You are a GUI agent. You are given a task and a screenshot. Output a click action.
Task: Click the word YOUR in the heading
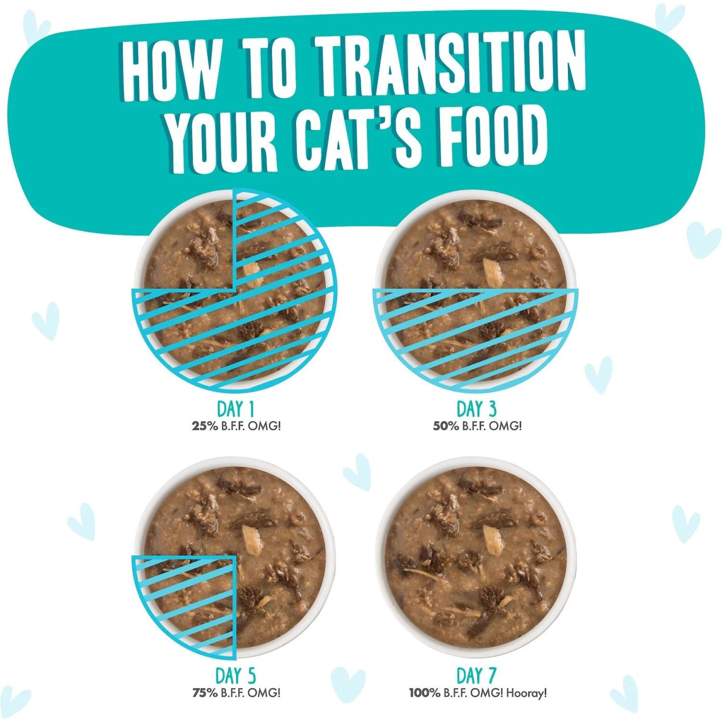pyautogui.click(x=223, y=141)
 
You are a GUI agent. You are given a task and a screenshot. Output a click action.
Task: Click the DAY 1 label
pyautogui.click(x=236, y=409)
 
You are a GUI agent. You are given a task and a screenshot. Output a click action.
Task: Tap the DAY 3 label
pyautogui.click(x=476, y=409)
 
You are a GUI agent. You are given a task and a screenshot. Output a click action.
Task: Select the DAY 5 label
pyautogui.click(x=236, y=676)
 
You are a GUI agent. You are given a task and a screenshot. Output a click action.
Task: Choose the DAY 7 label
pyautogui.click(x=476, y=676)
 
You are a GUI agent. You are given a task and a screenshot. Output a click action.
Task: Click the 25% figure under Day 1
pyautogui.click(x=205, y=426)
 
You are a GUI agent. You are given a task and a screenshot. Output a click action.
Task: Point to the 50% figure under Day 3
pyautogui.click(x=446, y=426)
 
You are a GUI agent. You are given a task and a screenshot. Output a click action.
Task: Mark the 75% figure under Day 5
pyautogui.click(x=205, y=693)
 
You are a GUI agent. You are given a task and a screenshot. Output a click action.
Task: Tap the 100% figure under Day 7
pyautogui.click(x=425, y=693)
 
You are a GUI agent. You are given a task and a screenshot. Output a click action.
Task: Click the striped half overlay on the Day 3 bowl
pyautogui.click(x=476, y=337)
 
